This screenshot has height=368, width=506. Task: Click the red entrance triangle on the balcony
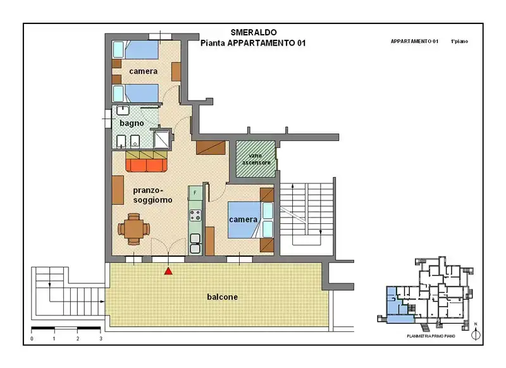point(168,271)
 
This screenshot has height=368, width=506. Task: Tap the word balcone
point(223,297)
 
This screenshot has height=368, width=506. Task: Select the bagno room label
point(132,123)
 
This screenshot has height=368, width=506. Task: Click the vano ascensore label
point(256,159)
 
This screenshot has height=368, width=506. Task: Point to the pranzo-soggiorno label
point(152,195)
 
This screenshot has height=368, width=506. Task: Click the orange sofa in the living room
point(147,165)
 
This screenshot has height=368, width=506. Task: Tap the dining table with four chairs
point(133,229)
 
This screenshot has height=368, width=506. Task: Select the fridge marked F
point(195,193)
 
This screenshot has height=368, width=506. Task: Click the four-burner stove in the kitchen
point(195,216)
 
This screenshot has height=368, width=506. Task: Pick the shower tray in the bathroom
point(161,138)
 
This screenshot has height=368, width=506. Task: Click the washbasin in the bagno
point(123,110)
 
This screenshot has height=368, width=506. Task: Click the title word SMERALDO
point(254,32)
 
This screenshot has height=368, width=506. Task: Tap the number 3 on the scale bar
point(101,339)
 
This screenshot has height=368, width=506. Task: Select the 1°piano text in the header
point(459,41)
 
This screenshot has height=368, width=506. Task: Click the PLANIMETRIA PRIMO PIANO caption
point(431,336)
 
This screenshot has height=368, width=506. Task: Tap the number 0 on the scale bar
point(32,339)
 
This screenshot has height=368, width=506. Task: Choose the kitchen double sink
point(195,244)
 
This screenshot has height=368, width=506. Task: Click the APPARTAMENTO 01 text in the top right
point(414,41)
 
